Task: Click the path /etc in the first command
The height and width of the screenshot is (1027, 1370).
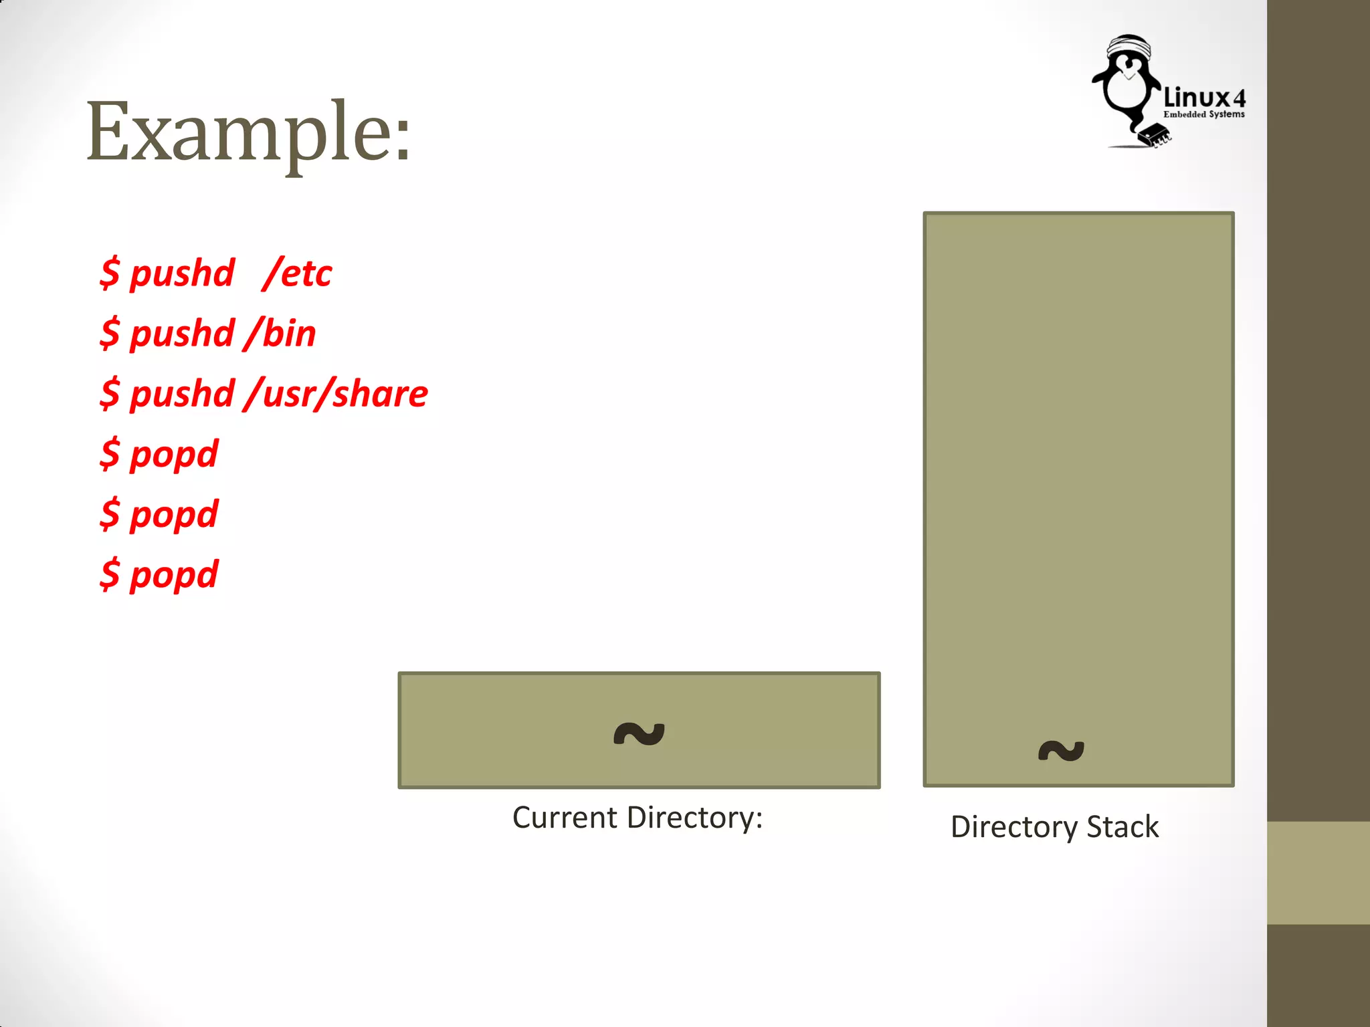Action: click(298, 273)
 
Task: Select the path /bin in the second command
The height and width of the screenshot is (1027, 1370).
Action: click(280, 333)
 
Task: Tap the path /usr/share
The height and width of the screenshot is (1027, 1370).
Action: click(336, 393)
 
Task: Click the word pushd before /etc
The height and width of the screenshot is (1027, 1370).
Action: click(182, 273)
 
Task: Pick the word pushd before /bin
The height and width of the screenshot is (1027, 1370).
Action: click(182, 333)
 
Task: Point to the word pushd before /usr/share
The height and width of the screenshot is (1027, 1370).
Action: click(182, 393)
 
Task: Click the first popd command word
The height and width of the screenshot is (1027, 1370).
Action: click(174, 455)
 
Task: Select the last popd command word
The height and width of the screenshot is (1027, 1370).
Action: click(174, 575)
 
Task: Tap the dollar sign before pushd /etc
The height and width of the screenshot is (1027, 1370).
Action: click(110, 273)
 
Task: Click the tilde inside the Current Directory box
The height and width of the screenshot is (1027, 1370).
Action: click(639, 734)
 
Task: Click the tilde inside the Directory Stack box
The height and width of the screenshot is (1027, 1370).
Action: click(1061, 750)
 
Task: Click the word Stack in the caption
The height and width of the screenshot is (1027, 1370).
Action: click(1122, 827)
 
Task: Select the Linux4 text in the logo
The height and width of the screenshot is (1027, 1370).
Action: click(1204, 98)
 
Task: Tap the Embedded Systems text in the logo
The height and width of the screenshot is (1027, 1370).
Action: click(1204, 114)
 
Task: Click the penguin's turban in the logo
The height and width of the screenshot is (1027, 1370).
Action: click(1129, 47)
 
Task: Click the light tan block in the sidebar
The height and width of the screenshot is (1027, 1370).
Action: click(1318, 873)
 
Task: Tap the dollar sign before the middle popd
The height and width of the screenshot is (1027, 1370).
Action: click(110, 513)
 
